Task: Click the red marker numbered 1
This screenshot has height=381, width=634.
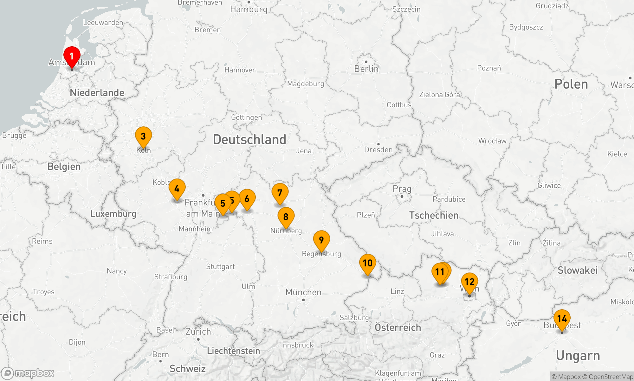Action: coord(72,57)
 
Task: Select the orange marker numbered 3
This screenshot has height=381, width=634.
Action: coord(143,136)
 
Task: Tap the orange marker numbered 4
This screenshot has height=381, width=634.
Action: coord(177,189)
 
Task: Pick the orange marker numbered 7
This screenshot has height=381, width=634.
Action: coord(280,193)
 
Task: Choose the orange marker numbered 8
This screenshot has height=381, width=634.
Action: coord(286,217)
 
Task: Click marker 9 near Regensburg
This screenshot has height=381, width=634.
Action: coord(321,240)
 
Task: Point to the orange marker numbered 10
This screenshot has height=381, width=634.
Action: coord(368,263)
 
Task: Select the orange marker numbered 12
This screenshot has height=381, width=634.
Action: coord(469,282)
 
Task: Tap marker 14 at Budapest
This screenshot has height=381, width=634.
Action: coord(562,318)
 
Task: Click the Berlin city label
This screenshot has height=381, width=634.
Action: coord(366,69)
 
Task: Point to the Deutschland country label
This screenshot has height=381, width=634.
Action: coord(249,140)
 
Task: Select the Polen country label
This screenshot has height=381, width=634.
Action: coord(571,84)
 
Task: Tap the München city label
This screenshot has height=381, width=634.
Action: coord(303,292)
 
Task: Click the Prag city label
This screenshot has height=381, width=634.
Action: coord(402,189)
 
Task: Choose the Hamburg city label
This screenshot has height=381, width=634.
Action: coord(249,9)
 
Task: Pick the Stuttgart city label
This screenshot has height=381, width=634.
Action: coord(220,267)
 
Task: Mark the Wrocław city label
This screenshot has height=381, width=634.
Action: coord(492,141)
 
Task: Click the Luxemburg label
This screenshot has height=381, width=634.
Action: coord(113,214)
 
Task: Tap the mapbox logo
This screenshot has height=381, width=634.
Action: coord(28,373)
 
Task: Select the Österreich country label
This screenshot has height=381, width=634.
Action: coord(398,327)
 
